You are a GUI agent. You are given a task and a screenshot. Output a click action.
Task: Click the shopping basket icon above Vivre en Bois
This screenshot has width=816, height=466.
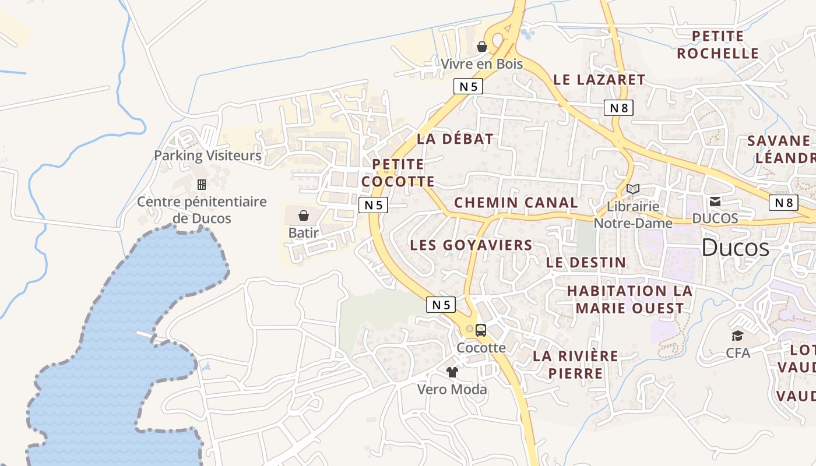(x=482, y=47)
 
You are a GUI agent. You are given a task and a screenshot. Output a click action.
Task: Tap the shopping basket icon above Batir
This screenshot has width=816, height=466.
(x=303, y=216)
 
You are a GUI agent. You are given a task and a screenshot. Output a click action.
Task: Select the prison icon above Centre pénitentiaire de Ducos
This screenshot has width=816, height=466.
(x=202, y=185)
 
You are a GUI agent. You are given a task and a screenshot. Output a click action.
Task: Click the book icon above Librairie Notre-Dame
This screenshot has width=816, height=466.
(x=633, y=189)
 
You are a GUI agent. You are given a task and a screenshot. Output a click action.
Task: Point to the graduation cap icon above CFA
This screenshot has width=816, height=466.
(x=737, y=336)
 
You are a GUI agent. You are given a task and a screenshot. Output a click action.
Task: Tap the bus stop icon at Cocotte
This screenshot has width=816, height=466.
(x=481, y=330)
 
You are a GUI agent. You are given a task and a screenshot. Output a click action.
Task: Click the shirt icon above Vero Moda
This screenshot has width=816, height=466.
(x=452, y=372)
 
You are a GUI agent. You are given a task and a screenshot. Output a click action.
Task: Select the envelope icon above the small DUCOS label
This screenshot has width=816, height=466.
(x=715, y=202)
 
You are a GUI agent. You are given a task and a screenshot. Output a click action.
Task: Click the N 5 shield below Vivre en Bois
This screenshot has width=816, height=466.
(x=468, y=86)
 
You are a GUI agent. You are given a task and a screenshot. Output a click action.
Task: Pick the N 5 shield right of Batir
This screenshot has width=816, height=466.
(x=373, y=204)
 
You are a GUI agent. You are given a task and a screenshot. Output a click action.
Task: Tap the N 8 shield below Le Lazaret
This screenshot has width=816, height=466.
(x=618, y=107)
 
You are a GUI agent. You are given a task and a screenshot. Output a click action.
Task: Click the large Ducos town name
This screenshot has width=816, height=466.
(x=735, y=248)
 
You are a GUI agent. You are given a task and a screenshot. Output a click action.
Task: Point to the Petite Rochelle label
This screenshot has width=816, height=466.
(x=717, y=45)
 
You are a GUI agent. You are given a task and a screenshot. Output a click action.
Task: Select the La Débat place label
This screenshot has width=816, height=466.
(x=455, y=139)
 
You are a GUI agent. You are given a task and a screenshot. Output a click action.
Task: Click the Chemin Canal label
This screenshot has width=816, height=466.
(x=516, y=203)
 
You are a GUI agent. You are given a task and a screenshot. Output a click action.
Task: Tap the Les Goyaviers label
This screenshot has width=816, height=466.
(x=471, y=245)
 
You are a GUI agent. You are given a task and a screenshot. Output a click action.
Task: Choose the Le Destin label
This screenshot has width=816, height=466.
(x=586, y=263)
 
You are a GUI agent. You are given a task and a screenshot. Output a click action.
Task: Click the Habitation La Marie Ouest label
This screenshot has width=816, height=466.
(x=629, y=299)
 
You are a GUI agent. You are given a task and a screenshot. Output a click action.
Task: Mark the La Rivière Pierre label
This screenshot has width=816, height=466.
(x=575, y=364)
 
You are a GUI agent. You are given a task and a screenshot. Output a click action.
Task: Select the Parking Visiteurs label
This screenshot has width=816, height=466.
(x=207, y=156)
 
